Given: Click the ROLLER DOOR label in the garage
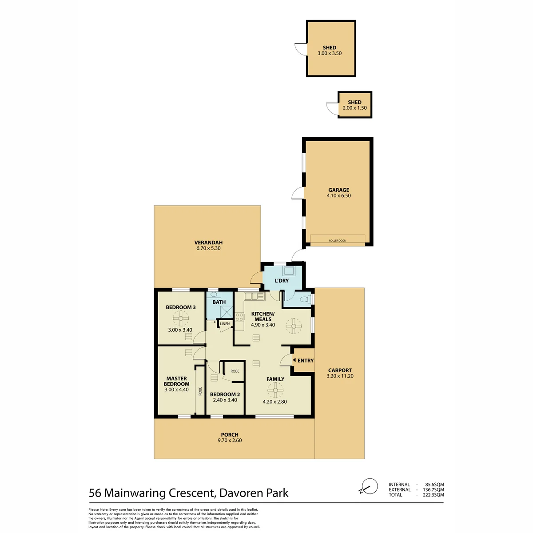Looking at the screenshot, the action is [x=337, y=241].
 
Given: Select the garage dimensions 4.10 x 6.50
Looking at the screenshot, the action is [x=338, y=195].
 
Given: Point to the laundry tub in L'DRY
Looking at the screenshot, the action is [x=288, y=270].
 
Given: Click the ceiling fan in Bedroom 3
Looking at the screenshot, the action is [x=181, y=318].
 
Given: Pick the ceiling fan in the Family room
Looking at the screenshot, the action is [x=275, y=390].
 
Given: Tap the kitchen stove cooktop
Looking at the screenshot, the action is [x=239, y=317].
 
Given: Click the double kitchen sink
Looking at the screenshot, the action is [x=255, y=297].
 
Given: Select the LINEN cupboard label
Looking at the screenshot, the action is [x=225, y=324].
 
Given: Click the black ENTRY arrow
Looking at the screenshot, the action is [x=294, y=360].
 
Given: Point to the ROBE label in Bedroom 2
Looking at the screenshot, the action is [x=235, y=371].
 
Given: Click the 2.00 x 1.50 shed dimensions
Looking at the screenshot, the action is [x=354, y=108].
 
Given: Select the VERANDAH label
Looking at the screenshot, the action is [x=208, y=243].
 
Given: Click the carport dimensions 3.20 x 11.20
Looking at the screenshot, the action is [x=340, y=376].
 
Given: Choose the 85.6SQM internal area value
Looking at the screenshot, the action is [x=434, y=484].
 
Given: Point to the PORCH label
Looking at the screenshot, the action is [x=230, y=434].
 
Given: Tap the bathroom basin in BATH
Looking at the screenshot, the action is [x=214, y=294].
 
